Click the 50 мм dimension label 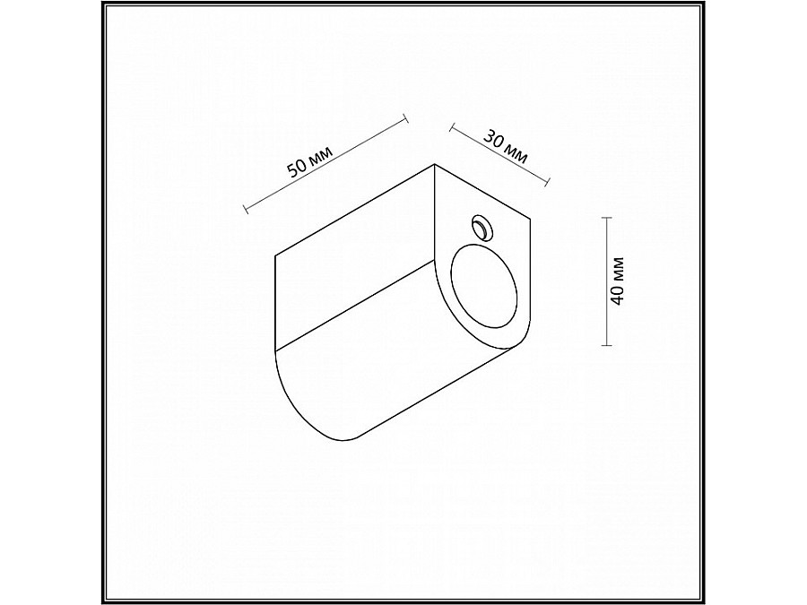(308, 162)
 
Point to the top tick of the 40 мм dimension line (608, 219)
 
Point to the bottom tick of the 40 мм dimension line (608, 345)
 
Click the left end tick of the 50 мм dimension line (246, 211)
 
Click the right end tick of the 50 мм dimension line (406, 117)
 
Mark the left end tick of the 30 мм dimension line (449, 126)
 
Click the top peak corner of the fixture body (435, 164)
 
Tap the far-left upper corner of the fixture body (275, 257)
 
